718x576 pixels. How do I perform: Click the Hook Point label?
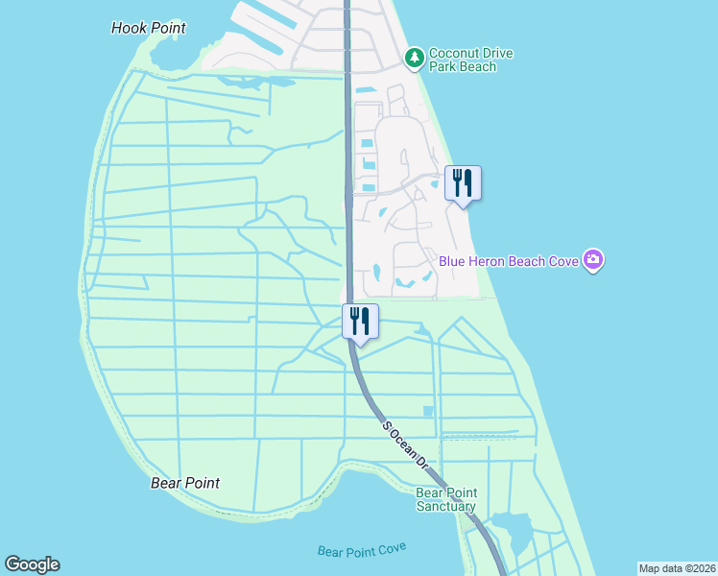point(149,28)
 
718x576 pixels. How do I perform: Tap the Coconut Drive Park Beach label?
point(463,60)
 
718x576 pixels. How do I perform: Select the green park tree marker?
point(415,59)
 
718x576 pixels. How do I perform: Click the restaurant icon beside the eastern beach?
point(463,182)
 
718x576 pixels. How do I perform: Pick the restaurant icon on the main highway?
point(360,321)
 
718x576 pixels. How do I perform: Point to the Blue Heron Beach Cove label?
point(509,261)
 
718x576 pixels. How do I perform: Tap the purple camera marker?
point(593,259)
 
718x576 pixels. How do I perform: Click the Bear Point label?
point(185,483)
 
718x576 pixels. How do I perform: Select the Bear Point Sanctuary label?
point(445,499)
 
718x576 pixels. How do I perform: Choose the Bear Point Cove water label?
point(362,549)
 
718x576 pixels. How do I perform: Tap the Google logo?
point(32,564)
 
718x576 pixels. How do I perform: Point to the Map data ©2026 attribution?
point(677,568)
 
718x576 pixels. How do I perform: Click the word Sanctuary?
point(445,506)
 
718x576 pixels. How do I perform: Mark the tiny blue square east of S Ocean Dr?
point(428,411)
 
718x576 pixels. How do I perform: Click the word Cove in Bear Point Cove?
point(392,547)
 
